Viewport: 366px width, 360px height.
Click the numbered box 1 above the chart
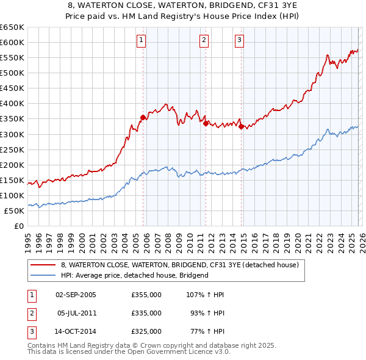point(141,41)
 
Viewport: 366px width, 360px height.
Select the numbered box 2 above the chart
point(204,41)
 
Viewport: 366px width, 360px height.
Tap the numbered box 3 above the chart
point(239,41)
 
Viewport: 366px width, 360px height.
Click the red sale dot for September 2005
point(143,117)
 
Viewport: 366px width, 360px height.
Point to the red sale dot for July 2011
point(206,123)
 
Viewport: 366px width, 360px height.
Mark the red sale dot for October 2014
point(242,126)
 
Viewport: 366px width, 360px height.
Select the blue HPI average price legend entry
point(134,275)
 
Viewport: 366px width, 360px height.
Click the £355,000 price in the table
point(146,295)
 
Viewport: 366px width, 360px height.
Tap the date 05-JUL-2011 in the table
point(77,312)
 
